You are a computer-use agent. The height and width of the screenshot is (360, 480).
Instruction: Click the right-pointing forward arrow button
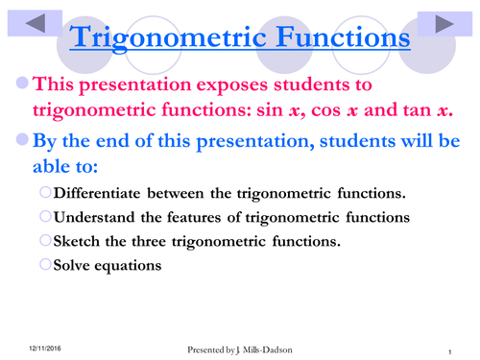(444, 25)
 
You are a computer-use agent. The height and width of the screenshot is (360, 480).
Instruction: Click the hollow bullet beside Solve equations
(46, 264)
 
